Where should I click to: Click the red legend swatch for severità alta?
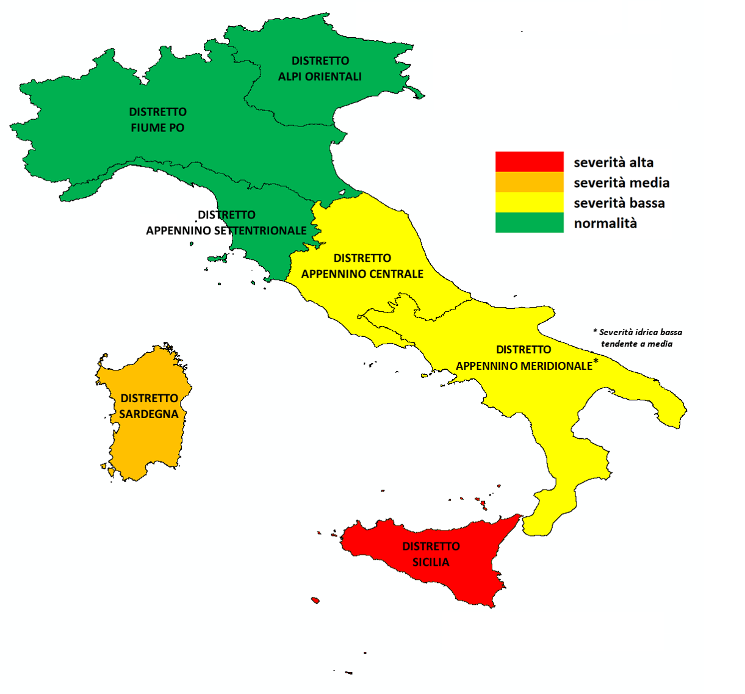click(x=529, y=162)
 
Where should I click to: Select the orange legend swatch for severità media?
click(x=529, y=182)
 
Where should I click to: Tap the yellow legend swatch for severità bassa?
click(x=529, y=202)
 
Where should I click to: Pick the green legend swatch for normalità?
click(x=529, y=222)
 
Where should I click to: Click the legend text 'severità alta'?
click(x=613, y=162)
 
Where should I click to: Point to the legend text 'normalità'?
click(x=605, y=223)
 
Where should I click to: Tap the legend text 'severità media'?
click(x=621, y=183)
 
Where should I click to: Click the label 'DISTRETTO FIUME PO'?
click(x=157, y=120)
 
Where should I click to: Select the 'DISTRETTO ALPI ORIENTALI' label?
click(x=320, y=68)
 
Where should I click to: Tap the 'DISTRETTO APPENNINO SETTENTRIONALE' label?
click(x=226, y=223)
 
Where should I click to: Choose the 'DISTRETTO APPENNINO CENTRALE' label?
click(x=362, y=266)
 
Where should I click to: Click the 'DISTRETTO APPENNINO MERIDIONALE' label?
click(x=524, y=358)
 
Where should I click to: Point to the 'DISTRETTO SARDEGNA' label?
click(x=149, y=406)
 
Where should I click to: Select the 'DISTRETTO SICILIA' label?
click(x=431, y=554)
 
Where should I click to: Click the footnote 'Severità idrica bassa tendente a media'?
click(x=638, y=338)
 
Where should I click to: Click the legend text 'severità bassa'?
click(x=619, y=203)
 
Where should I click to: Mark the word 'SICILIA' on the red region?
click(x=431, y=562)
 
